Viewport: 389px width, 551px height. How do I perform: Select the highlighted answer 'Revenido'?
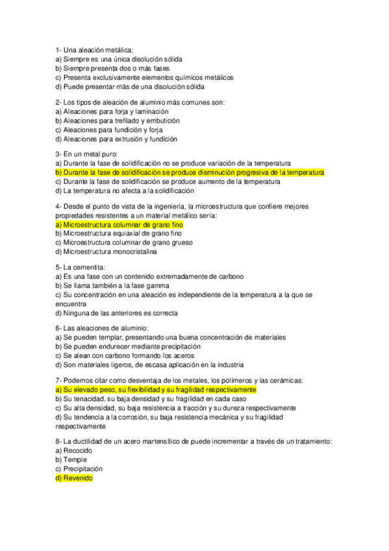pyautogui.click(x=75, y=478)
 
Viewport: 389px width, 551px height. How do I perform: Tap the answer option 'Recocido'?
pyautogui.click(x=74, y=450)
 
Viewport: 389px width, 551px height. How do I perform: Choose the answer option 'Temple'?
pyautogui.click(x=71, y=459)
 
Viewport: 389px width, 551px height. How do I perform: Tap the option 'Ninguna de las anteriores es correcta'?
pyautogui.click(x=117, y=313)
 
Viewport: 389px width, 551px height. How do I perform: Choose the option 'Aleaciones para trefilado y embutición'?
pyautogui.click(x=118, y=120)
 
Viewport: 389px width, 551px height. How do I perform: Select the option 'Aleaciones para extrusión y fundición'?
pyautogui.click(x=116, y=138)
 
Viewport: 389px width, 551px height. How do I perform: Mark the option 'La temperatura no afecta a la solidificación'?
pyautogui.click(x=125, y=191)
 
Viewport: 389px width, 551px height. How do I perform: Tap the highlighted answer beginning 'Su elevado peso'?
pyautogui.click(x=156, y=389)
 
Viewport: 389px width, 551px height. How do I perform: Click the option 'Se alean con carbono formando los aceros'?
pyautogui.click(x=123, y=355)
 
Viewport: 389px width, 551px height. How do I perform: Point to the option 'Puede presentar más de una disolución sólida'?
pyautogui.click(x=130, y=86)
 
